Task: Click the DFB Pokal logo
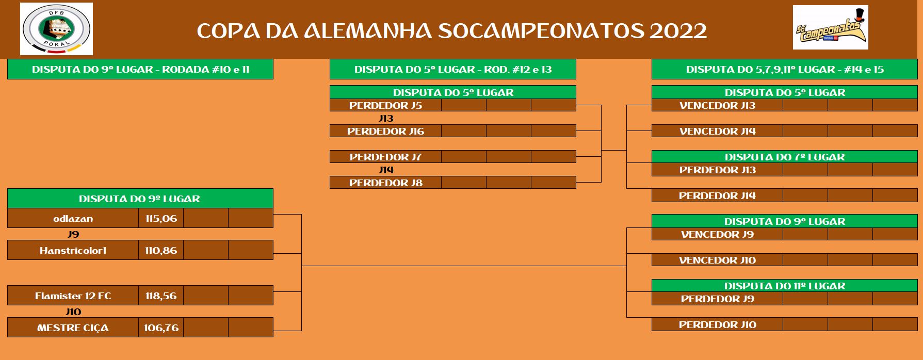(57, 29)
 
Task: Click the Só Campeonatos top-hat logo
(831, 27)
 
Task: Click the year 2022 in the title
(678, 31)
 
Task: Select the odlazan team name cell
(73, 218)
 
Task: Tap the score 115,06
(161, 218)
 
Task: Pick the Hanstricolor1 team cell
(73, 250)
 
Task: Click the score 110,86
(161, 250)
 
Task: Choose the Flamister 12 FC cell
(73, 296)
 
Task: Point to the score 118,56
(161, 296)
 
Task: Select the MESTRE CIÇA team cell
(73, 328)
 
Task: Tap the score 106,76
(161, 328)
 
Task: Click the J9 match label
(73, 234)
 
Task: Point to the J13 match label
(386, 118)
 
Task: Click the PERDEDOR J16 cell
(385, 131)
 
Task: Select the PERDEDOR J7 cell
(385, 157)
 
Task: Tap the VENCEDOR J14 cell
(717, 131)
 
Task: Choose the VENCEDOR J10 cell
(717, 260)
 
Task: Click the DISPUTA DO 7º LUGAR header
(785, 157)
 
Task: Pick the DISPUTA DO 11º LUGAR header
(785, 286)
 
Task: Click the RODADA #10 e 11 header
(206, 69)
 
